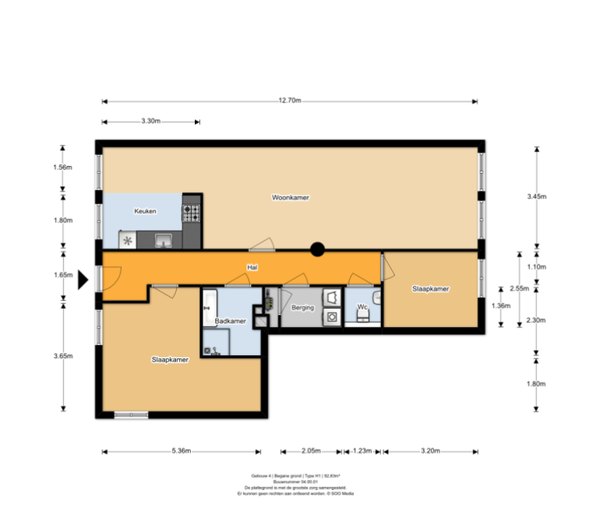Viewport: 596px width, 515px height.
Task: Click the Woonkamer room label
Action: coord(291,198)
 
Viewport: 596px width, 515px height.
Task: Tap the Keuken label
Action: coord(145,211)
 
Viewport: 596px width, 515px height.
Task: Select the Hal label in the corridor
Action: coord(251,268)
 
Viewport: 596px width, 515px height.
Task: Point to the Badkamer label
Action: coord(230,321)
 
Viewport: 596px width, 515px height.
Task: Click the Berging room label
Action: coord(303,308)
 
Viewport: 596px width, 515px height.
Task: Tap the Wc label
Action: coord(362,307)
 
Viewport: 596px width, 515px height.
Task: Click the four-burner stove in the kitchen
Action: coord(191,212)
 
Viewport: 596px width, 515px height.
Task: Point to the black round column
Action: coord(317,250)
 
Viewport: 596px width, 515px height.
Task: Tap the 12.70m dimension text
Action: coord(290,101)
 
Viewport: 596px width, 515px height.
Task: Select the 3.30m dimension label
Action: coord(151,121)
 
